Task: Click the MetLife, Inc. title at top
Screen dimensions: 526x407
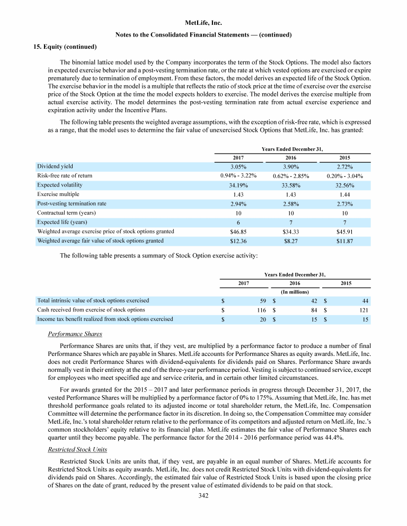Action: [203, 23]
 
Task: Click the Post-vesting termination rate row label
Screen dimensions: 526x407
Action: [72, 203]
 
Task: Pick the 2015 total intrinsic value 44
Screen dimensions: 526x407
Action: [365, 301]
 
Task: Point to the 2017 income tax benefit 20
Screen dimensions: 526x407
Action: [262, 319]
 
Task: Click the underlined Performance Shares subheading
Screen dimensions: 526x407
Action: [75, 335]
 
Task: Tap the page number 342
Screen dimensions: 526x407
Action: [203, 496]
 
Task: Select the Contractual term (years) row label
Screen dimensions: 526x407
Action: [67, 213]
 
